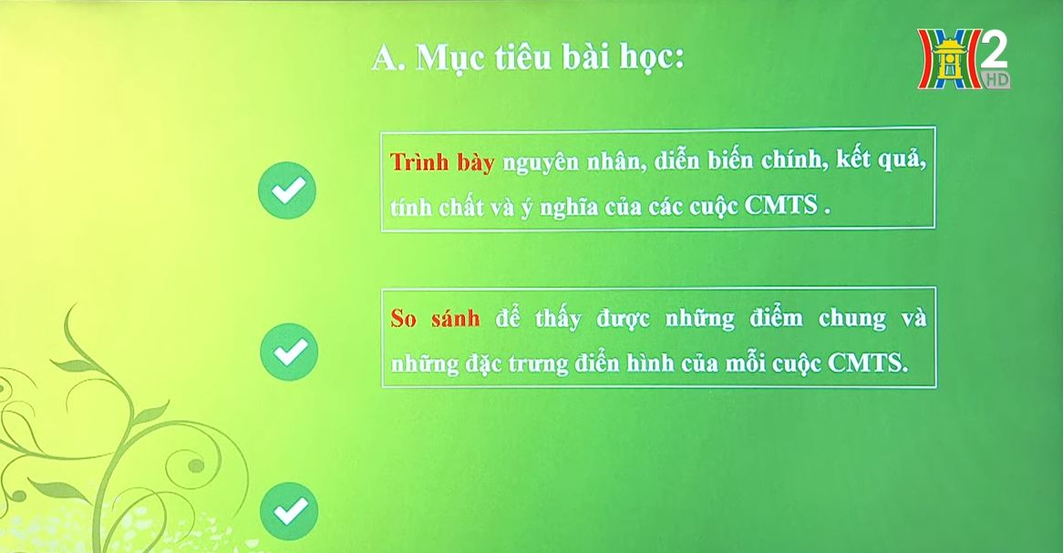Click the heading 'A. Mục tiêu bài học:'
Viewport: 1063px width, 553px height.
(528, 59)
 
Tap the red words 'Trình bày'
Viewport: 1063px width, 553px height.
(442, 163)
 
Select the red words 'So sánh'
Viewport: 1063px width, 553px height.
(435, 318)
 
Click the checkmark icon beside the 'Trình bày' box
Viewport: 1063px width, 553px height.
(287, 190)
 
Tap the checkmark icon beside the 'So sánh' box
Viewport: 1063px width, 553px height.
(289, 352)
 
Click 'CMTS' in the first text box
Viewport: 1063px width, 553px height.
(781, 205)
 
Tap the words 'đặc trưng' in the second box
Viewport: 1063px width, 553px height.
(517, 364)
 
